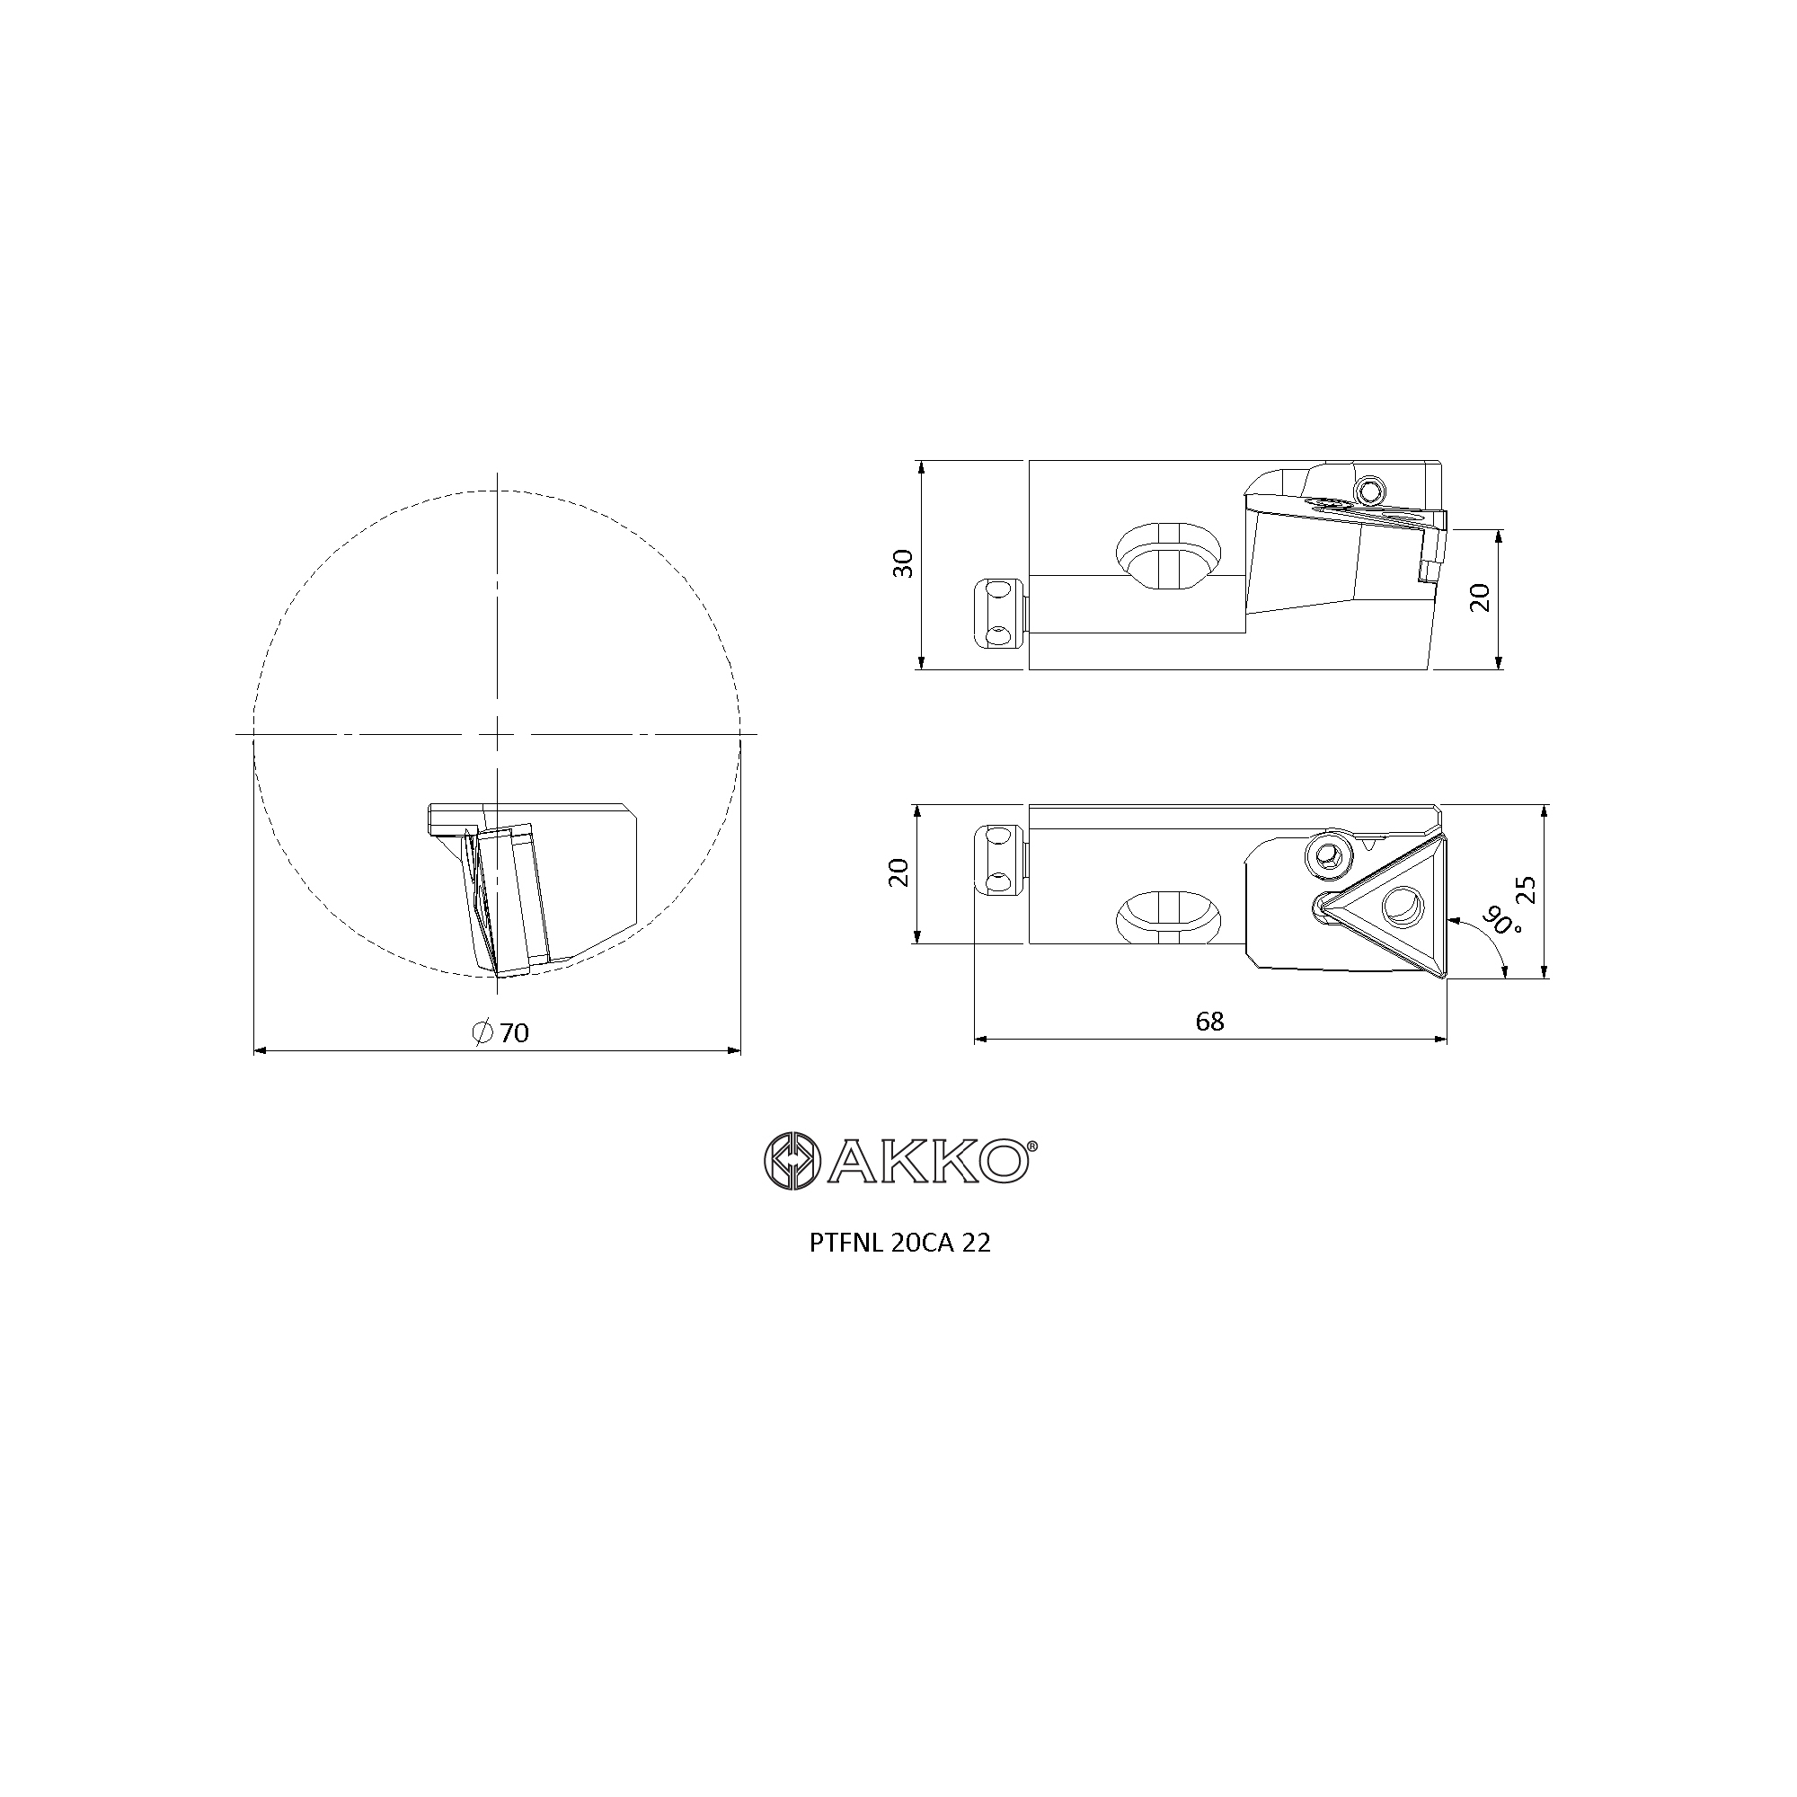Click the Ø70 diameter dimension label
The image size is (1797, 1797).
tap(500, 1032)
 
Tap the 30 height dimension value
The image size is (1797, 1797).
tap(903, 563)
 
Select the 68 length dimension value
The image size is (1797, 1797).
tap(1209, 1022)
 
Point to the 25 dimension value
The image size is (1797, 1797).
tap(1526, 890)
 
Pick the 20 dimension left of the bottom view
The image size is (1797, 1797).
tap(898, 872)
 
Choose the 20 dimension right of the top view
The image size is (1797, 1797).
tap(1481, 598)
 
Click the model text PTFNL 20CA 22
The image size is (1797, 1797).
tap(899, 1244)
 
